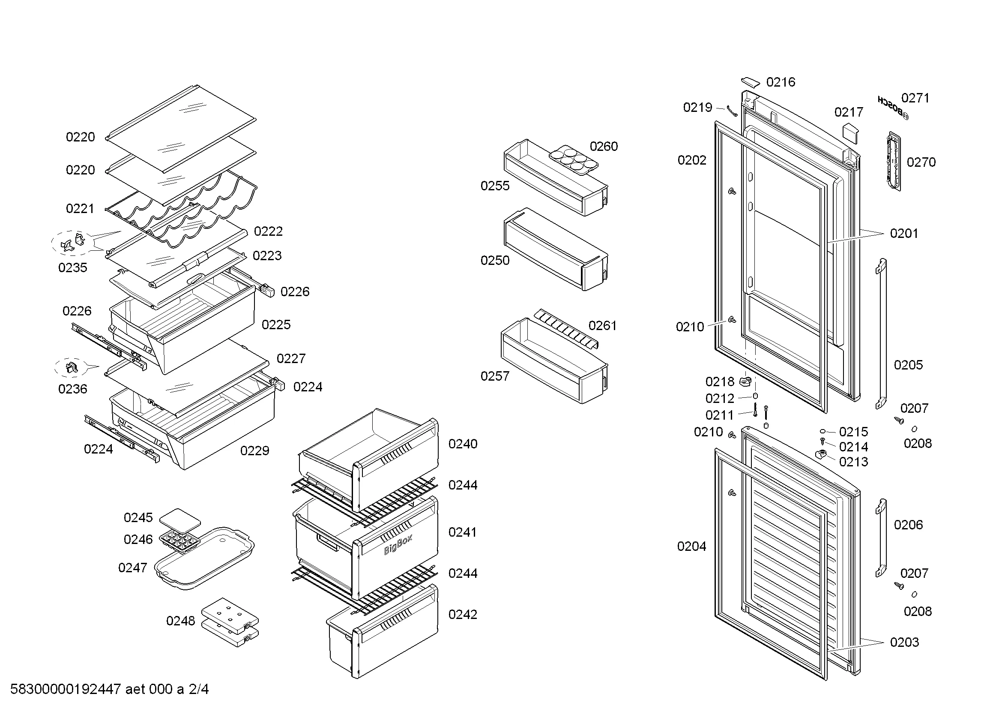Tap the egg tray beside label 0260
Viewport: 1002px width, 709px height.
(574, 160)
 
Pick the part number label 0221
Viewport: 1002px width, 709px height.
(80, 209)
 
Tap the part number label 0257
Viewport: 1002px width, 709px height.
(495, 376)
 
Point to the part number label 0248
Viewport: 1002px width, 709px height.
(180, 621)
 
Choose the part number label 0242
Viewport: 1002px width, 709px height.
(463, 615)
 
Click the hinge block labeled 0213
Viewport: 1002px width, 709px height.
(822, 454)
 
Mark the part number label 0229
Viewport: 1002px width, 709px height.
(255, 451)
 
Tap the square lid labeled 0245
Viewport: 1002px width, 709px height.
(180, 518)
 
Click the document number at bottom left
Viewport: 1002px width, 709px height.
(110, 689)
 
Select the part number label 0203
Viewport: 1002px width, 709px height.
(904, 642)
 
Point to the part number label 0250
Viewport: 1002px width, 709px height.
(495, 261)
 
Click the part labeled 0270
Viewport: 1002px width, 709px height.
(893, 162)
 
